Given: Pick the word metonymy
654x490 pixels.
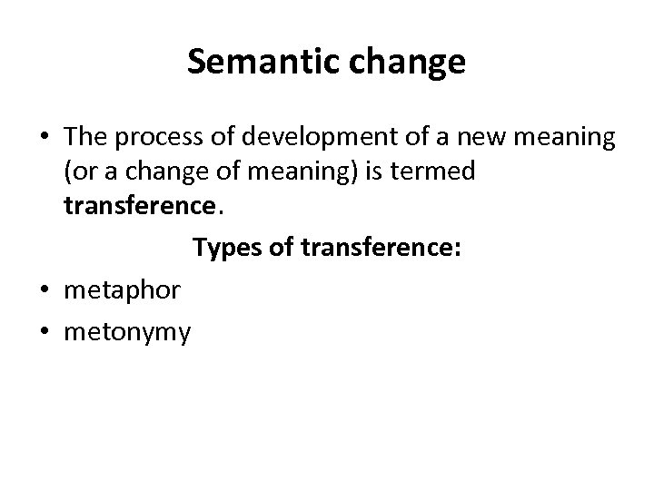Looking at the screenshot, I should click(x=127, y=333).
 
